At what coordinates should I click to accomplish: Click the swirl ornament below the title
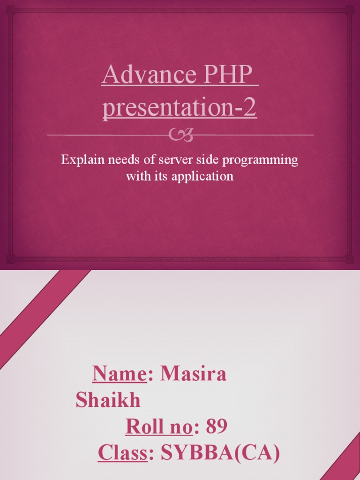[x=180, y=135]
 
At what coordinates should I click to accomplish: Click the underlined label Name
[x=120, y=374]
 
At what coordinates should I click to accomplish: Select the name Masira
[x=193, y=374]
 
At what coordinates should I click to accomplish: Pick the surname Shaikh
[x=108, y=400]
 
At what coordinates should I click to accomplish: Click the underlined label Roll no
[x=159, y=427]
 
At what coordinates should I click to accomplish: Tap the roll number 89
[x=217, y=427]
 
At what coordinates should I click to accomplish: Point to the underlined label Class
[x=123, y=453]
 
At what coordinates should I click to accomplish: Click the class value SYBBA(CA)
[x=220, y=453]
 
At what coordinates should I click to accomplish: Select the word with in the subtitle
[x=136, y=177]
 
